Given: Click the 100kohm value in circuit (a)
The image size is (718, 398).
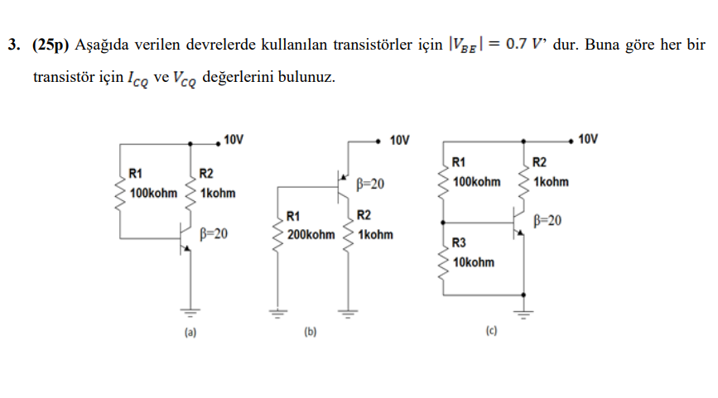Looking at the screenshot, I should click(x=154, y=193).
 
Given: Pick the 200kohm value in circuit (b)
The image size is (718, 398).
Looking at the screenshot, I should click(x=311, y=235).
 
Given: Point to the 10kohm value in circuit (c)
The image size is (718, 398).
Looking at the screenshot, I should click(x=475, y=262).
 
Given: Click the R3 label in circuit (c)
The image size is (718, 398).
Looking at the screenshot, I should click(x=460, y=242).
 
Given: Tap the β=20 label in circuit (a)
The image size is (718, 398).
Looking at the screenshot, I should click(x=214, y=234).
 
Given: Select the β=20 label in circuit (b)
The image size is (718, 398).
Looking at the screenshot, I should click(x=369, y=184).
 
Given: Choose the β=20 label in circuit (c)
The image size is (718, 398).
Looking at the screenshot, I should click(x=547, y=220).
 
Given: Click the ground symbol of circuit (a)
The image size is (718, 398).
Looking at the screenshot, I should click(x=191, y=313).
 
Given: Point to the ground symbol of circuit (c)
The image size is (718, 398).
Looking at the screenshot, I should click(x=523, y=313).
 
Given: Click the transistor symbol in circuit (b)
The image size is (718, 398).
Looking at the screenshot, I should click(x=343, y=185).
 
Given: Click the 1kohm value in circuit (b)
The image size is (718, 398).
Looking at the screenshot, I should click(x=375, y=235).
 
